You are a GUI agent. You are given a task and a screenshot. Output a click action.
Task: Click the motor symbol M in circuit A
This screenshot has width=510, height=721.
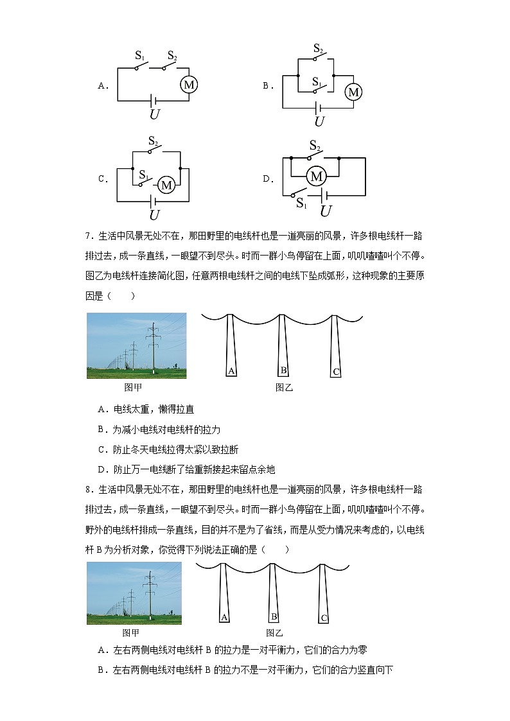(x=189, y=85)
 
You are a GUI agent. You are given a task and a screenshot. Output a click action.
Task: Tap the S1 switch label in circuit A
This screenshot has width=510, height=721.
(x=139, y=56)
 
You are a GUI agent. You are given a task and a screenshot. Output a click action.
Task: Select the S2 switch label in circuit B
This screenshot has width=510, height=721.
(x=318, y=48)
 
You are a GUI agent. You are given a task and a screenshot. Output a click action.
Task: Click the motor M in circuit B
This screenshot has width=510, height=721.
(x=353, y=92)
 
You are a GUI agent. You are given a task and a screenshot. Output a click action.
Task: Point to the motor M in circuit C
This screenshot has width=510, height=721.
(x=166, y=185)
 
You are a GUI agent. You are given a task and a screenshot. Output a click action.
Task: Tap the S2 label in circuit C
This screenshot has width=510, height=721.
(x=154, y=141)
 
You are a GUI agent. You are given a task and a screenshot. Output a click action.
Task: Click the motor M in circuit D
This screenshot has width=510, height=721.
(x=315, y=175)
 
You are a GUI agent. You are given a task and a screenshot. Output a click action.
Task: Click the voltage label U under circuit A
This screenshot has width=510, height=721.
(x=155, y=114)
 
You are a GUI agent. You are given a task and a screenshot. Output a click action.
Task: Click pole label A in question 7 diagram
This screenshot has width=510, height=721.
(x=231, y=370)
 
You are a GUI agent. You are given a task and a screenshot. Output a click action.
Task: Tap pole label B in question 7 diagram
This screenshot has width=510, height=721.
(x=283, y=370)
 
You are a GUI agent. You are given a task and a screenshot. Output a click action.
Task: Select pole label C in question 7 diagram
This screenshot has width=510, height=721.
(x=335, y=372)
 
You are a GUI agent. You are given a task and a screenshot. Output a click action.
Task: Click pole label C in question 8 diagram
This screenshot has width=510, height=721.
(x=324, y=618)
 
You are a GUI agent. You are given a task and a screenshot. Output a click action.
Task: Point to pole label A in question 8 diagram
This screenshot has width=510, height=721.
(x=224, y=617)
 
